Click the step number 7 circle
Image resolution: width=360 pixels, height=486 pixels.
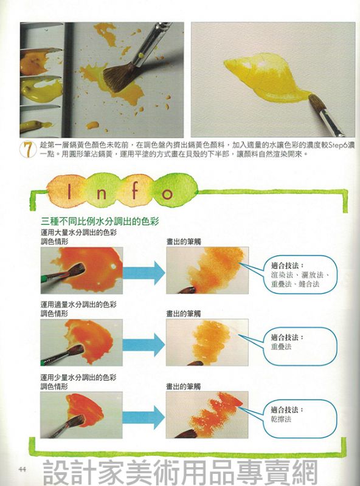(27, 149)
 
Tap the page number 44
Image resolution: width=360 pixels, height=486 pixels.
(22, 468)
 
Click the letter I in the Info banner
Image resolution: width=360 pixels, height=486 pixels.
(69, 191)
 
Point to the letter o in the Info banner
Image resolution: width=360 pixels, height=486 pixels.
(167, 194)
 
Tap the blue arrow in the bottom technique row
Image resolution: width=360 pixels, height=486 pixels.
(144, 417)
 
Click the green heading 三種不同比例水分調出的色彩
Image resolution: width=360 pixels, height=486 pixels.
(100, 221)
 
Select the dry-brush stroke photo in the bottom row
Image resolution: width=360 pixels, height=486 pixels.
(207, 415)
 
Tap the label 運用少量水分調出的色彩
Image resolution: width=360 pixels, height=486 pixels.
(78, 377)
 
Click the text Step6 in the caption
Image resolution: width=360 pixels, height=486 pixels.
(337, 145)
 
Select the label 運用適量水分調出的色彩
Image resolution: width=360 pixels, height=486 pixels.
(78, 304)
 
